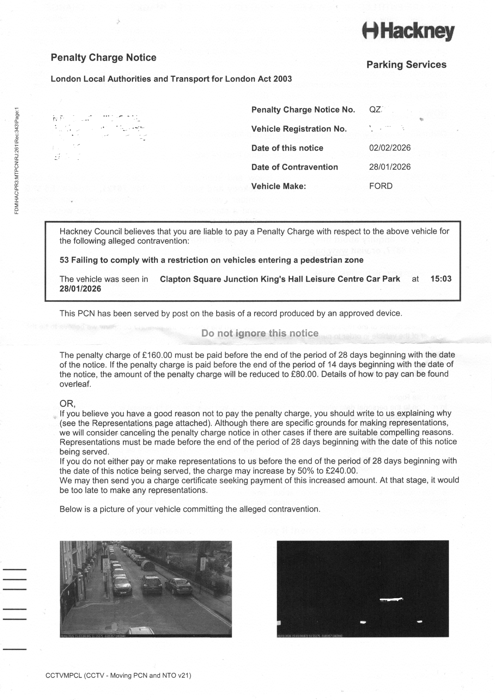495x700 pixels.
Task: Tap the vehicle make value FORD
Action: [x=381, y=186]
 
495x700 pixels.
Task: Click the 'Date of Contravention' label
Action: [x=294, y=167]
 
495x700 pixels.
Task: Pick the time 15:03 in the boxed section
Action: [x=441, y=279]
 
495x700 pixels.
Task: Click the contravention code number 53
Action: [x=64, y=260]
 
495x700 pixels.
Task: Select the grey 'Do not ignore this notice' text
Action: [x=260, y=333]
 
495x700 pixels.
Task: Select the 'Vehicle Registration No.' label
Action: [x=299, y=129]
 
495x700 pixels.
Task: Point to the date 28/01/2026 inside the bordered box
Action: [x=80, y=289]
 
